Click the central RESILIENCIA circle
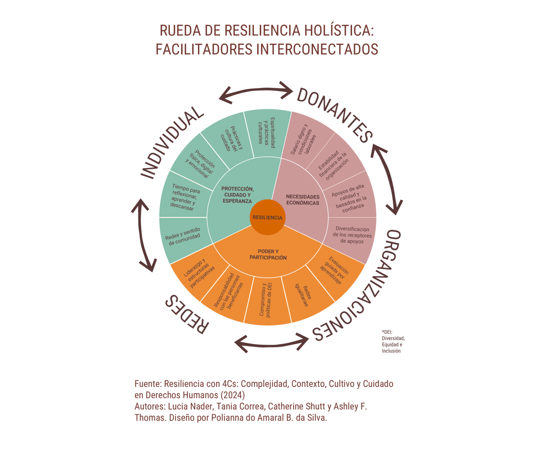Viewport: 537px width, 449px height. (267, 217)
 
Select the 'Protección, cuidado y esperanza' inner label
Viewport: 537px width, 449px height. (237, 195)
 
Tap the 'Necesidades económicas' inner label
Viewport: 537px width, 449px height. (302, 200)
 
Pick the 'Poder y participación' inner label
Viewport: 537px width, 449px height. (268, 254)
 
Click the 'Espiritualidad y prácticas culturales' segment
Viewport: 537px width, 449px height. (267, 133)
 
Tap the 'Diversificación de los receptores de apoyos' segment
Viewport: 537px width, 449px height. (352, 235)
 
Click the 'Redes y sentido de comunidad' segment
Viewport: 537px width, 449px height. (183, 237)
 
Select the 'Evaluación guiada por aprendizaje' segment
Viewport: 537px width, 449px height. (335, 270)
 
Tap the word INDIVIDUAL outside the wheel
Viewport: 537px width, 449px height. (172, 142)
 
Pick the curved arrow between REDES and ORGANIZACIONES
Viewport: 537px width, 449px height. (272, 342)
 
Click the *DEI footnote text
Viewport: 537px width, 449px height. (393, 341)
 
